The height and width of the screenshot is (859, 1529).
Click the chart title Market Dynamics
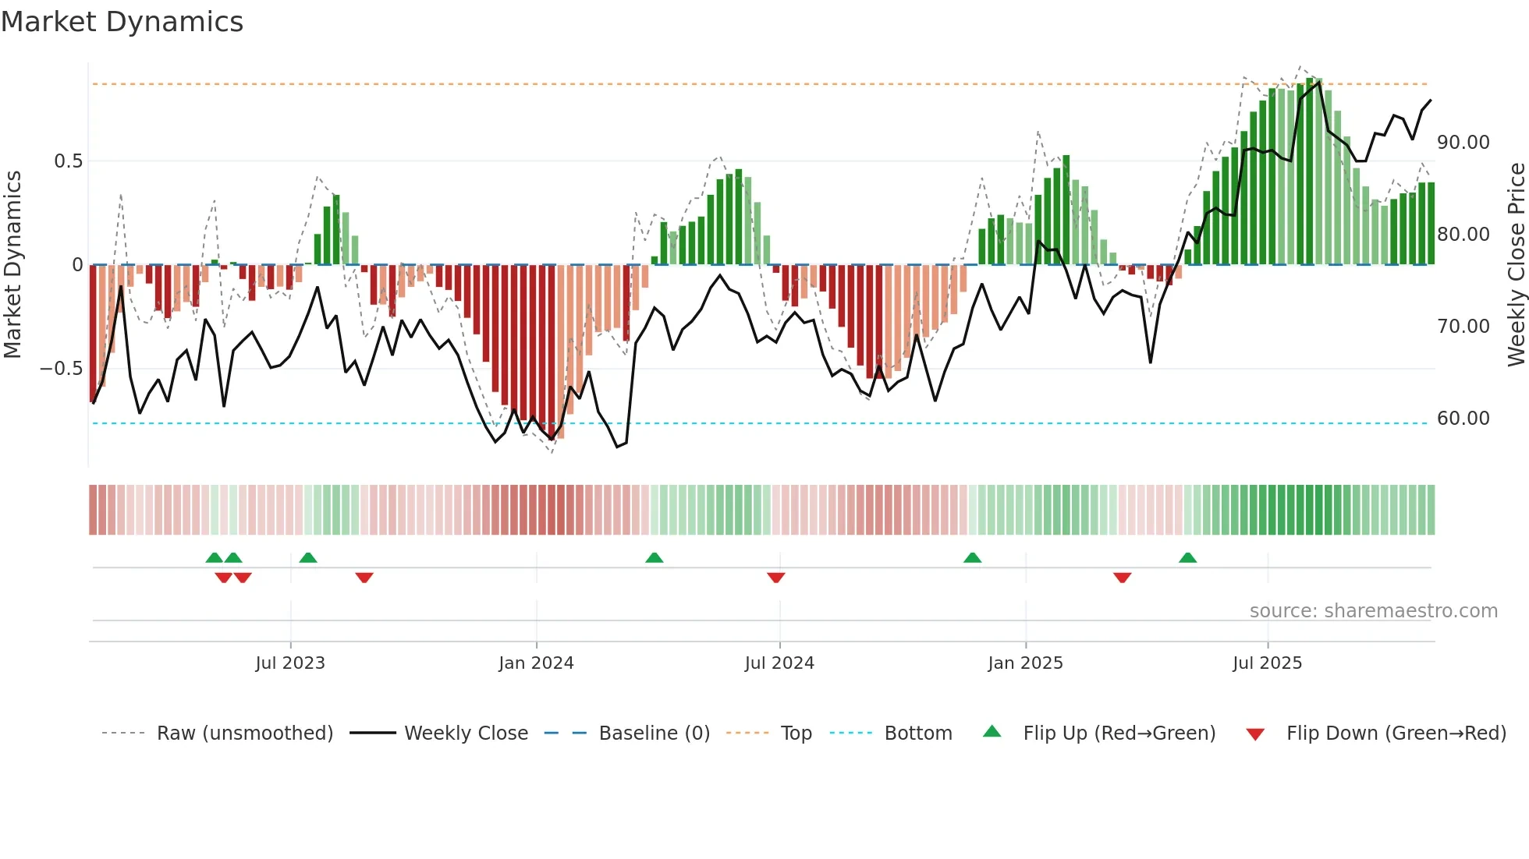coord(122,22)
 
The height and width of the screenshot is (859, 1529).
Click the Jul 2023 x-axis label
coord(289,663)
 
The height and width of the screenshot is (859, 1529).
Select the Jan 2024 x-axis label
coord(536,663)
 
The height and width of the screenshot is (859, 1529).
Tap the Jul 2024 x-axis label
coord(779,663)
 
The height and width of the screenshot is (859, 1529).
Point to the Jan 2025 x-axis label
coord(1025,663)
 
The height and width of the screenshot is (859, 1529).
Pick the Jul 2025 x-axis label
coord(1267,663)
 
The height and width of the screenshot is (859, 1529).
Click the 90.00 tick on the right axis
coord(1463,143)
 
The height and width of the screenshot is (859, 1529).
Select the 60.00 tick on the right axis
coord(1463,419)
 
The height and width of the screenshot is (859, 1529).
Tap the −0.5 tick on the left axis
coord(61,369)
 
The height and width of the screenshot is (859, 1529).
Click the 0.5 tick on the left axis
coord(68,161)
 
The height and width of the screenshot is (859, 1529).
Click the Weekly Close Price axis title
coord(1516,265)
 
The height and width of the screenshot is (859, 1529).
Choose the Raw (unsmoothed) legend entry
coord(244,734)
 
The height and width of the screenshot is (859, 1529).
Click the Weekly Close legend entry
coord(466,734)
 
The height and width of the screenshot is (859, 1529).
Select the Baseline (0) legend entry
coord(654,734)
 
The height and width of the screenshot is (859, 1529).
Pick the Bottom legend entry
coord(917,734)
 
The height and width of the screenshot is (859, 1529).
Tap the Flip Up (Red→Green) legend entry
coord(1119,734)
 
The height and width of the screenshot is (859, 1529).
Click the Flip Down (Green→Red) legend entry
coord(1396,734)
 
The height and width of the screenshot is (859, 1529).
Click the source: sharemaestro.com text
coord(1373,611)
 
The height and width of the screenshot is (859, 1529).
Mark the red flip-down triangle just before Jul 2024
coord(775,578)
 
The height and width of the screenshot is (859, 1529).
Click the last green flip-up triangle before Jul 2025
coord(1187,557)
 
